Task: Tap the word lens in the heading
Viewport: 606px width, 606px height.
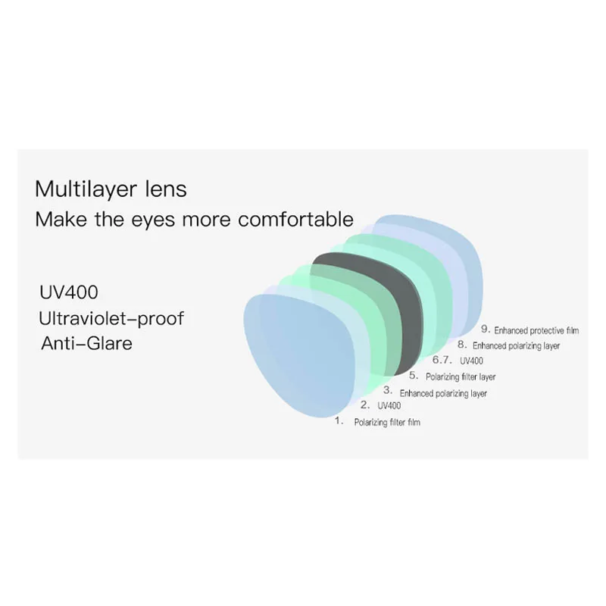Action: click(161, 189)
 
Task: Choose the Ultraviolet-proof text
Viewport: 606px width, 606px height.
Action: click(112, 318)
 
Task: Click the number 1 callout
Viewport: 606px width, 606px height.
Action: click(339, 420)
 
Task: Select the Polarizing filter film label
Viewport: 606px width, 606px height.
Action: click(386, 422)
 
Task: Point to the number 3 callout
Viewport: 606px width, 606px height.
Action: click(388, 391)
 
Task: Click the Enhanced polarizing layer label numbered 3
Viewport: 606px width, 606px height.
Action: click(443, 394)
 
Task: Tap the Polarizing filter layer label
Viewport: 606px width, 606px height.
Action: click(461, 376)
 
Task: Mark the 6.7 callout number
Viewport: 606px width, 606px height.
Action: click(442, 360)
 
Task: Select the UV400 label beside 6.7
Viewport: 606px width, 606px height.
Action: click(471, 361)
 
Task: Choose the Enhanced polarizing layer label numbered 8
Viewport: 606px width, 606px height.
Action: click(517, 346)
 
